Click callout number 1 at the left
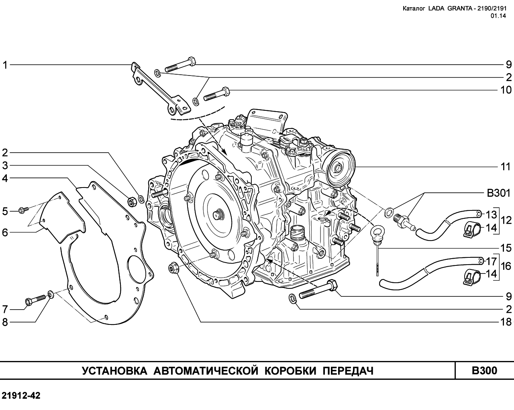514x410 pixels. (5, 65)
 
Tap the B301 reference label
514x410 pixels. (498, 194)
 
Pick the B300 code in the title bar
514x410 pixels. (484, 370)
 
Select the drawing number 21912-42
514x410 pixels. (21, 396)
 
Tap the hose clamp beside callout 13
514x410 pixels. (472, 229)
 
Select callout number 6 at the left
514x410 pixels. (5, 233)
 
